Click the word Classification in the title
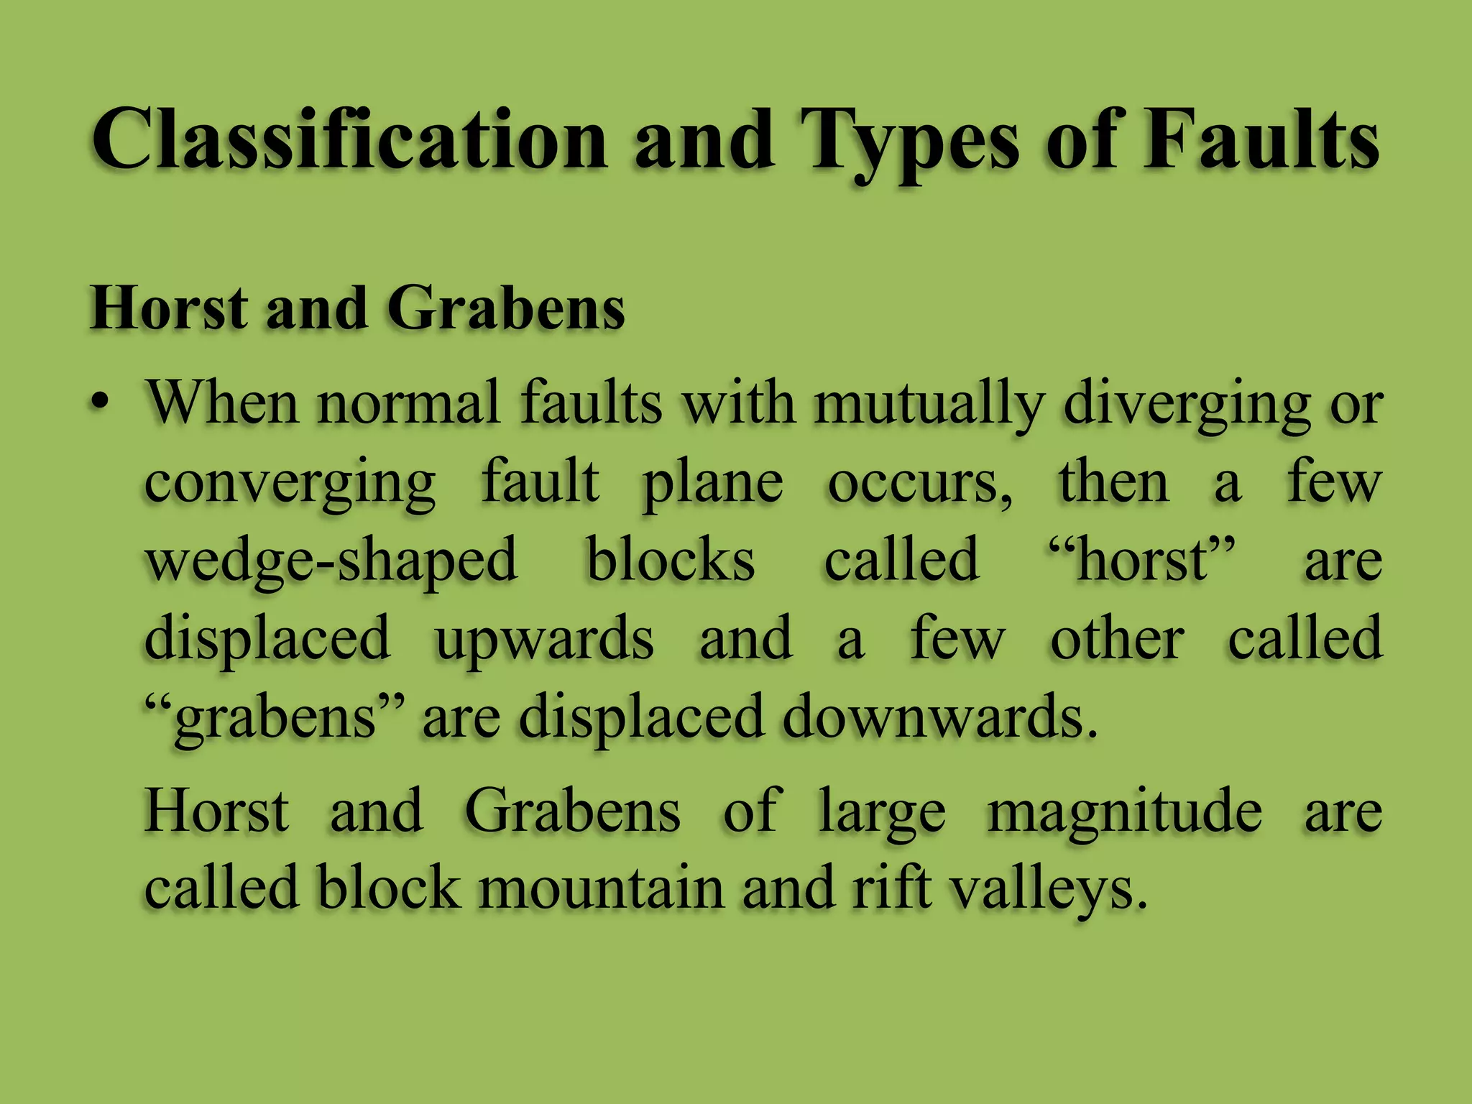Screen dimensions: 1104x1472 pyautogui.click(x=349, y=139)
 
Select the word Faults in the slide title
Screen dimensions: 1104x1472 pyautogui.click(x=1261, y=139)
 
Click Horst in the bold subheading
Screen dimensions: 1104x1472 pyautogui.click(x=168, y=308)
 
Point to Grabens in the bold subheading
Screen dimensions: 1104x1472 pyautogui.click(x=506, y=308)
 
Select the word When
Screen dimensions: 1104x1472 pyautogui.click(x=222, y=403)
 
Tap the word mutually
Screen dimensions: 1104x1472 pyautogui.click(x=928, y=403)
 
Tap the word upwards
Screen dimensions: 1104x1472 pyautogui.click(x=544, y=639)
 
